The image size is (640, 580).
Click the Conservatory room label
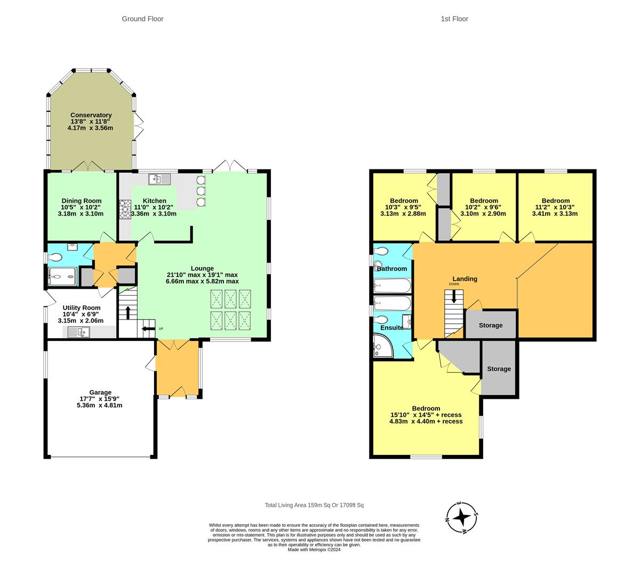click(x=91, y=115)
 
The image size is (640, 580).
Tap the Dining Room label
click(x=82, y=201)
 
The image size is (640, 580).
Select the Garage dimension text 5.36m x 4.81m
click(x=100, y=405)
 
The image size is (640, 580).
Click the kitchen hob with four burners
click(x=125, y=209)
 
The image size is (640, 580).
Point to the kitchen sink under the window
click(x=159, y=179)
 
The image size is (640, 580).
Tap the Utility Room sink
click(x=78, y=332)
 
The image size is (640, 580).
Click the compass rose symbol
click(x=461, y=518)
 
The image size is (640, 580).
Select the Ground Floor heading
click(x=142, y=19)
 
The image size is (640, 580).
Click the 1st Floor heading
click(x=454, y=19)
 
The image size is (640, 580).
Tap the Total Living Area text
click(x=314, y=505)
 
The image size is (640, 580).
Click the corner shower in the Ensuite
click(x=383, y=346)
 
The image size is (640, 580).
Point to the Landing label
click(x=465, y=279)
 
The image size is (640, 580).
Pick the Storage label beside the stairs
click(x=491, y=325)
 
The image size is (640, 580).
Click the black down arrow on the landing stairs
click(x=454, y=297)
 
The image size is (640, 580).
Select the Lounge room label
click(x=202, y=268)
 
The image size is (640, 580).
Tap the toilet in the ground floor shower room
click(x=54, y=257)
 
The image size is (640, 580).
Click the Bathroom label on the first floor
click(x=392, y=268)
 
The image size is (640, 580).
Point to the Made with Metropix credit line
click(x=314, y=550)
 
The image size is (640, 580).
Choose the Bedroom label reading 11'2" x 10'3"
click(x=555, y=201)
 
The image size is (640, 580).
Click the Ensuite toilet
click(x=381, y=320)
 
